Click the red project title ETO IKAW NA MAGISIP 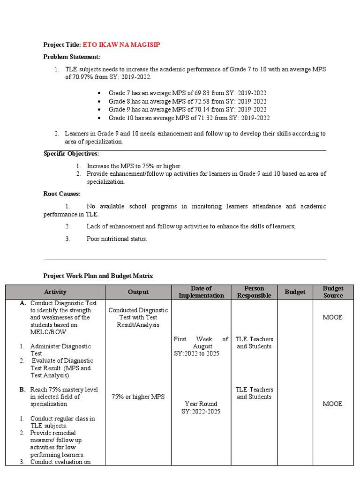124,45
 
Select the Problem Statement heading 72,57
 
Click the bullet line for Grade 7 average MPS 187,93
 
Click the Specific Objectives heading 71,154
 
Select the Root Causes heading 62,194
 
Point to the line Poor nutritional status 117,239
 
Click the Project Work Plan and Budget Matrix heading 98,276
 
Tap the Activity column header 55,292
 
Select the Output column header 138,292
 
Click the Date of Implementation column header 201,292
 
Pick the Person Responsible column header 254,292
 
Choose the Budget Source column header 333,292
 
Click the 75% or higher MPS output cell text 138,397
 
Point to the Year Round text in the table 201,404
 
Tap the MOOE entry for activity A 332,317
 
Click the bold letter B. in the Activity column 22,390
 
